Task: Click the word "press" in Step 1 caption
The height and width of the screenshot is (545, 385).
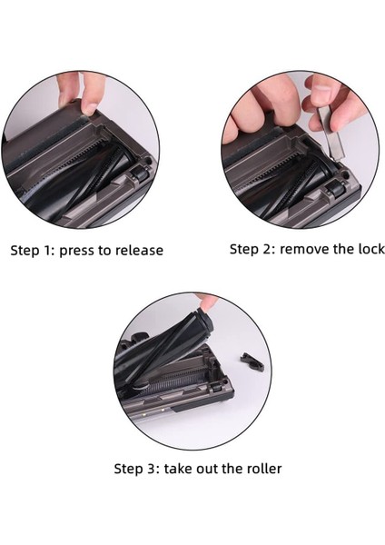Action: (75, 251)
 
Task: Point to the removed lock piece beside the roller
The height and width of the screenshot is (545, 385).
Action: (252, 362)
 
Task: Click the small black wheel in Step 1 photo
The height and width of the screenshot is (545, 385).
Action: (140, 173)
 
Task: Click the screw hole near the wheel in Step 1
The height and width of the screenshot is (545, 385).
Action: (148, 162)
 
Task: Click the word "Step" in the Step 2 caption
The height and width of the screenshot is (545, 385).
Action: (243, 250)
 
